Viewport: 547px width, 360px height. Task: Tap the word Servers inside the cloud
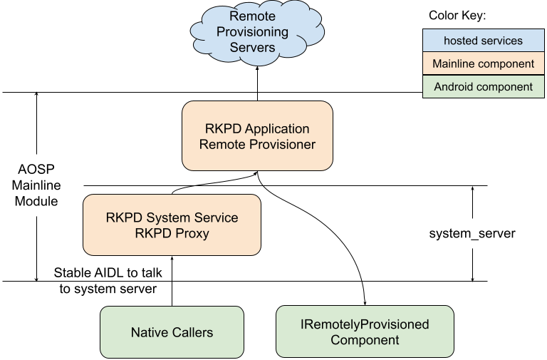pos(252,48)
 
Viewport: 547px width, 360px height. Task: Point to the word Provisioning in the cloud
pos(253,32)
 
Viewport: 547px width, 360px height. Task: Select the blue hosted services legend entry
pos(483,41)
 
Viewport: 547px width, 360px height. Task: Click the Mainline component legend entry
pos(483,63)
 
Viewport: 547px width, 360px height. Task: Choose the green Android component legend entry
pos(483,87)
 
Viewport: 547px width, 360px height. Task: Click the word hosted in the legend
pos(462,41)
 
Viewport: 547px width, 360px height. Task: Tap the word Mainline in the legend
pos(454,63)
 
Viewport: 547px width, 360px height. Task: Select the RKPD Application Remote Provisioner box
pos(257,136)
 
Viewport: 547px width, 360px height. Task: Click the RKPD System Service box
pos(172,225)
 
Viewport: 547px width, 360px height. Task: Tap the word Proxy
pos(192,233)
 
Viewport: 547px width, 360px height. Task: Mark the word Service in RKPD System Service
pos(215,217)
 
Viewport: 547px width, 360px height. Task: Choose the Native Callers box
pos(172,332)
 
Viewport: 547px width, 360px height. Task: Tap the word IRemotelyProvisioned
pos(365,324)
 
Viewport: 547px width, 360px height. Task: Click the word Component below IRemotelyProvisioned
pos(365,340)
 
